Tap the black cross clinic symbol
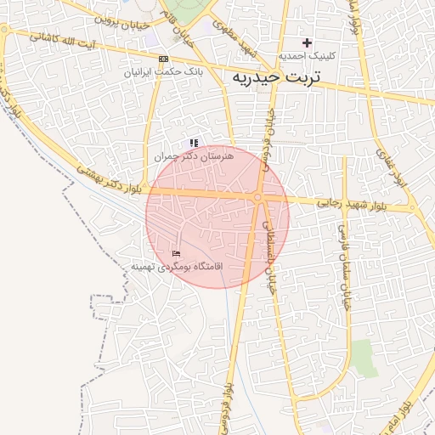308,42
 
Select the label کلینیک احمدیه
308,55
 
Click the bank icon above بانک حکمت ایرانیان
163,59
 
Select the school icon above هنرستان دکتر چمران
194,144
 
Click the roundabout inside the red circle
257,198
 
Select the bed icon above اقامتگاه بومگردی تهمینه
177,253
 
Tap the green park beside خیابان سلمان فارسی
364,358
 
